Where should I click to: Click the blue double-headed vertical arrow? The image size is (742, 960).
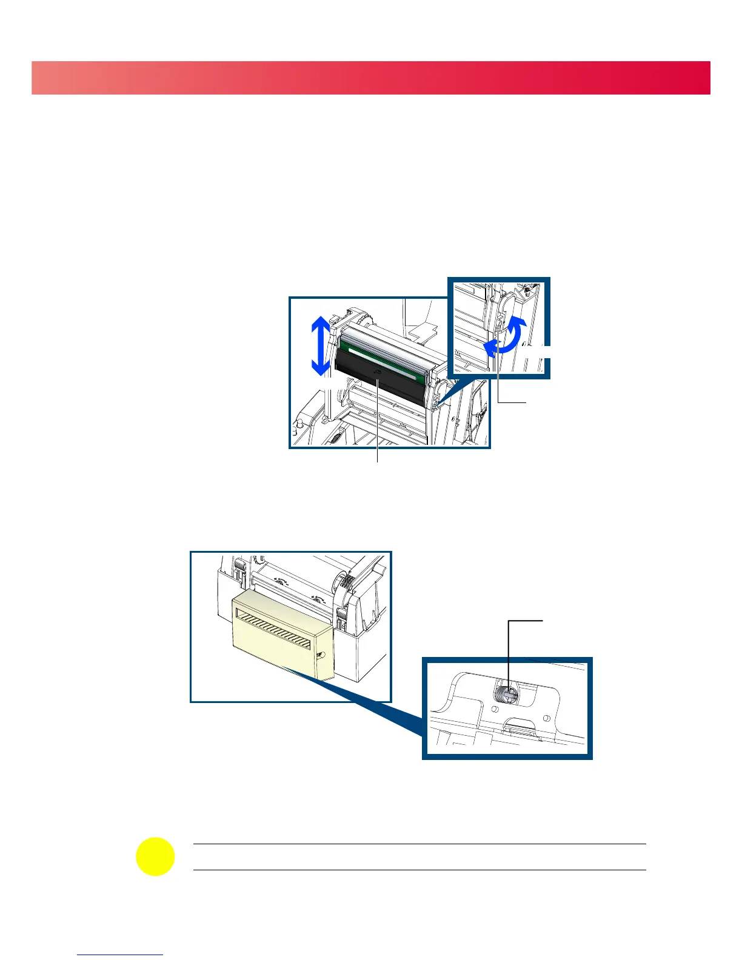pos(321,347)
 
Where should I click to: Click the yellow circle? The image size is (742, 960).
pos(155,856)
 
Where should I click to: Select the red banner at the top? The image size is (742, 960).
pos(371,78)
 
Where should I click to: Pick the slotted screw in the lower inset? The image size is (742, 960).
pos(506,694)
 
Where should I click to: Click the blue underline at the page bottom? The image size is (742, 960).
pos(121,955)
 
